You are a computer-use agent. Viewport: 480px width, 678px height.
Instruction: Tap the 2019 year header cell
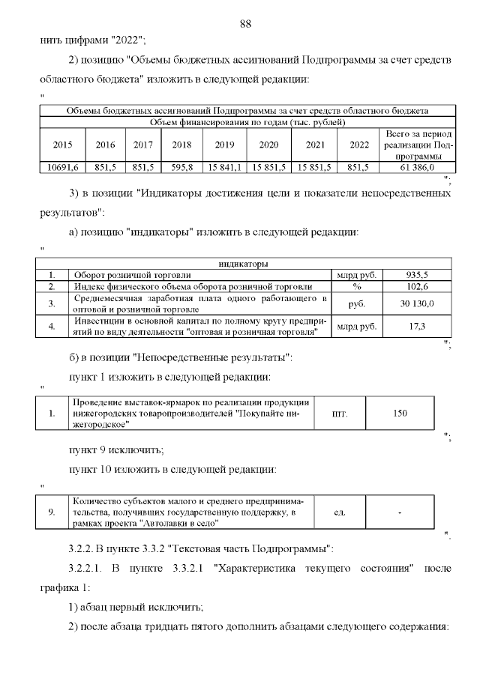224,145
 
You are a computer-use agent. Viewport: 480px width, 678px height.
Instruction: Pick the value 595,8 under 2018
182,167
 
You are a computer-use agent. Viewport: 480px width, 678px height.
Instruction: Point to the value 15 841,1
224,167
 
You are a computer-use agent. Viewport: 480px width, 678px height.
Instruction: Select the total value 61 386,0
418,167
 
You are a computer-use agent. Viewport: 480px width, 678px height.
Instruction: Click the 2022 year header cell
359,145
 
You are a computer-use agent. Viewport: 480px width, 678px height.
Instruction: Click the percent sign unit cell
357,286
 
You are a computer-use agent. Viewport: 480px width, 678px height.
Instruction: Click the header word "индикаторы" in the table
244,264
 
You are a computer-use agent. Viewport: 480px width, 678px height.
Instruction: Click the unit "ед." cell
339,512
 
